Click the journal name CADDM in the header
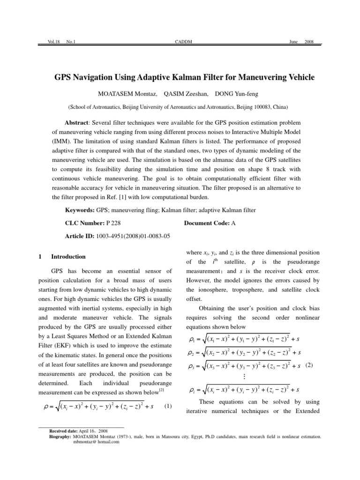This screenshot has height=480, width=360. point(180,42)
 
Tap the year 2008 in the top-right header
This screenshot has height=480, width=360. point(309,42)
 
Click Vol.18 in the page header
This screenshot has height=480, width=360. point(48,42)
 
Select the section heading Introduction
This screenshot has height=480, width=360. point(68,256)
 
